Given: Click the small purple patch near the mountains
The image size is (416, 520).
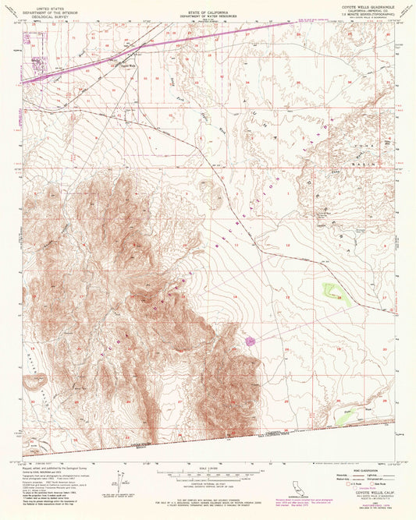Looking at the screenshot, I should click(251, 341).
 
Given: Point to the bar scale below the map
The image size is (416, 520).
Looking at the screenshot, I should click(208, 472).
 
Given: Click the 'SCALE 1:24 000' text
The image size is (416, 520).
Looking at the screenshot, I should click(208, 468).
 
